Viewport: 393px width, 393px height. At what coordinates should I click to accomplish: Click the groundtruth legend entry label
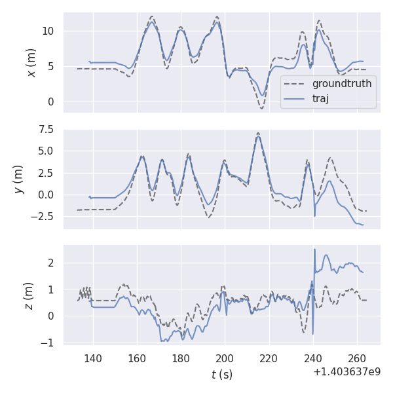[341, 84]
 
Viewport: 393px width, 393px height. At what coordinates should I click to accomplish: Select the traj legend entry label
[321, 99]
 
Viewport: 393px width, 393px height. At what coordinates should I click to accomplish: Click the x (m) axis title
[31, 62]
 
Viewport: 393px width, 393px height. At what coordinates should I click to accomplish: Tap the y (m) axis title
[20, 179]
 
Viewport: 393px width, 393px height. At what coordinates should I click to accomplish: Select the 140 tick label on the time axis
[92, 358]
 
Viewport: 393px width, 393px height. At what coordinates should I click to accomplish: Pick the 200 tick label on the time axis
[225, 358]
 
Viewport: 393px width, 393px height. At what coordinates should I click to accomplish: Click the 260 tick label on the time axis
[356, 358]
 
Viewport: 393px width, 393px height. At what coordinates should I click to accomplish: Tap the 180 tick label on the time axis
[181, 358]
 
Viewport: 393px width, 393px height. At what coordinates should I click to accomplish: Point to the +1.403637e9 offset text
[346, 371]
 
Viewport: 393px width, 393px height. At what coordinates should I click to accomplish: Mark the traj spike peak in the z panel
[314, 249]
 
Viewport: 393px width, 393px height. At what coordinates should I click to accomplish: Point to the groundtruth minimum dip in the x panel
[261, 108]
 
